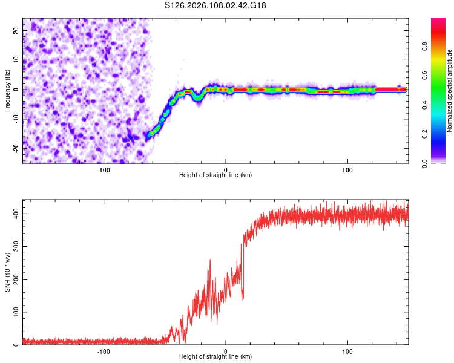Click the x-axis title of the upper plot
(215, 175)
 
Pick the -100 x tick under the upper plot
(104, 169)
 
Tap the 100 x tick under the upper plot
(347, 169)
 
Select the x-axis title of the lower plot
(215, 357)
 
